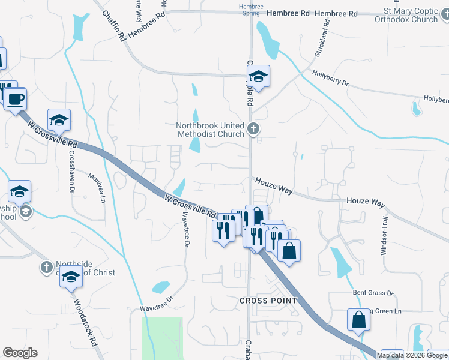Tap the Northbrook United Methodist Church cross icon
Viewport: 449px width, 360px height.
tap(253, 128)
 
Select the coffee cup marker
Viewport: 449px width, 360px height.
tap(16, 98)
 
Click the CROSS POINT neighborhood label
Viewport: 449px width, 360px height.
tap(268, 300)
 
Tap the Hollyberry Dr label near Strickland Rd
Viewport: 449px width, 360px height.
tap(330, 79)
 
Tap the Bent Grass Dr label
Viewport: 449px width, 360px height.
tap(372, 293)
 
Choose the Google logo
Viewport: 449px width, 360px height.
tap(20, 353)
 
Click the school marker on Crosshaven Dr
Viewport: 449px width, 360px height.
tap(59, 120)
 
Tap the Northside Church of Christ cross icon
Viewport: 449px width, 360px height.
tap(47, 266)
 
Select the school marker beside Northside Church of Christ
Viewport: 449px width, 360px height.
tap(71, 278)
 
